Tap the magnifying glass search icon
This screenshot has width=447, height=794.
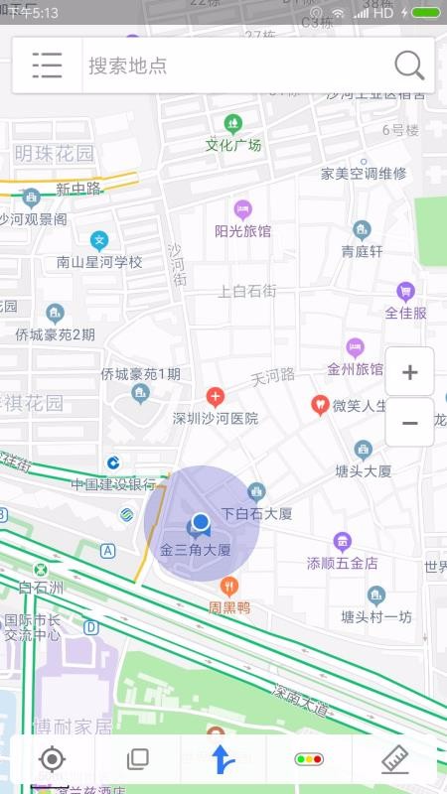pos(409,66)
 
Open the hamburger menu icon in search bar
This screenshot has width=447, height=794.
pos(47,66)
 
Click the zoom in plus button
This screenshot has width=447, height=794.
pos(409,373)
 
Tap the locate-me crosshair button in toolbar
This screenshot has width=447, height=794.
pos(52,760)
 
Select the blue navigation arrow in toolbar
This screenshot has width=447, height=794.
pos(223,760)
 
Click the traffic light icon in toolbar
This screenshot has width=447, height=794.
pos(309,760)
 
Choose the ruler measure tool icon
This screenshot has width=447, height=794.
pos(395,760)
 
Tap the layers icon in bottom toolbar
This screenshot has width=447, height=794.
pos(137,760)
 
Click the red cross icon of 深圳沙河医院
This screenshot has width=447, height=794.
pos(215,398)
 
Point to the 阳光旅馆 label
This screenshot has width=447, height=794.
pos(242,231)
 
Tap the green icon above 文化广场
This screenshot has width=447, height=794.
pos(233,124)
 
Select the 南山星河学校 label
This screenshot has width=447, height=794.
pos(99,262)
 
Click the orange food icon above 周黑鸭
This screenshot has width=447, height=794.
pos(229,586)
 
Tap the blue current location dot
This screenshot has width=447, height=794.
pos(201,521)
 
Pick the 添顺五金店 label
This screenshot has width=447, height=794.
pos(343,563)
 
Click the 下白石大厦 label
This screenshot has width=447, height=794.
pos(256,514)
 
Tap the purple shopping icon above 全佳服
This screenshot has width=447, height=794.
pos(405,291)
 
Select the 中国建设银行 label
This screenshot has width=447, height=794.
pos(112,484)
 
